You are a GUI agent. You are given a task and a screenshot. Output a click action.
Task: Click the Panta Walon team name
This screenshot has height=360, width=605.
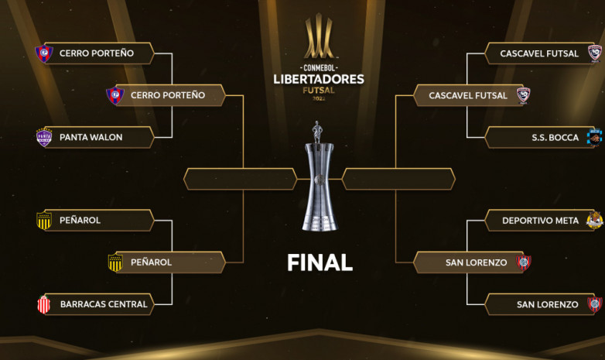click(91, 137)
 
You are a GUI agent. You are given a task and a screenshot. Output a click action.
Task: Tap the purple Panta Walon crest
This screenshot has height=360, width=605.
click(44, 137)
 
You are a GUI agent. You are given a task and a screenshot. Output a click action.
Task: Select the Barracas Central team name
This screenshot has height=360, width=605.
click(104, 304)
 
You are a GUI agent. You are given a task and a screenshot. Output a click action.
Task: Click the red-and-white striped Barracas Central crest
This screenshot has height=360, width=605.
click(43, 304)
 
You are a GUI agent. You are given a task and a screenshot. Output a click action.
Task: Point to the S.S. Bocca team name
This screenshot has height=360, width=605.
click(555, 138)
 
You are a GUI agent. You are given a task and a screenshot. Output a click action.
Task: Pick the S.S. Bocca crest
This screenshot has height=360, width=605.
click(594, 138)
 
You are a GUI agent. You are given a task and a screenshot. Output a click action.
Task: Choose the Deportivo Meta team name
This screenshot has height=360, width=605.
click(540, 221)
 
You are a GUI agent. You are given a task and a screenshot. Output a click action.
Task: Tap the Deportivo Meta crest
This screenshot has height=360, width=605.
click(595, 220)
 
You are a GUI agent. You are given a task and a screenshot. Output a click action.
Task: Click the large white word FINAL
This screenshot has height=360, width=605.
click(320, 262)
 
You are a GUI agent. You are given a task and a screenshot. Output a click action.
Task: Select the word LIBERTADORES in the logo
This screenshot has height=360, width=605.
click(319, 79)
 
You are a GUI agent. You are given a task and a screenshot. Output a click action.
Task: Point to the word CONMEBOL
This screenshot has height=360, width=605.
click(319, 68)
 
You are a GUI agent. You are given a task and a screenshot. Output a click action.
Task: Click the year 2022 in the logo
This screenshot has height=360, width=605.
click(319, 98)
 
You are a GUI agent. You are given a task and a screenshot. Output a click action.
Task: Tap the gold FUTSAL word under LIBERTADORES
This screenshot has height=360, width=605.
click(319, 91)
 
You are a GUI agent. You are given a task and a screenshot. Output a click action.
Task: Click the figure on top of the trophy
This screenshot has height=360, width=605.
click(317, 132)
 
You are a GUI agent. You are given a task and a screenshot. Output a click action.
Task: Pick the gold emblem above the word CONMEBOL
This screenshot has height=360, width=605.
click(319, 36)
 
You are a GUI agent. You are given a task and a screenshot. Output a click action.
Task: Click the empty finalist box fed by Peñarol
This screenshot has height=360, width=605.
click(240, 179)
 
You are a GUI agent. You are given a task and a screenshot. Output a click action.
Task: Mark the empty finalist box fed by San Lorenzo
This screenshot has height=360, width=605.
click(398, 179)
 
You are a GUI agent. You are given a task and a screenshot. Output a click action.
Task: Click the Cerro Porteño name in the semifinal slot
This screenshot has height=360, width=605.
click(168, 95)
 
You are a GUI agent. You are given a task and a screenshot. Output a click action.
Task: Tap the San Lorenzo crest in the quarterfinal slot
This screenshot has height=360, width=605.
click(595, 304)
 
